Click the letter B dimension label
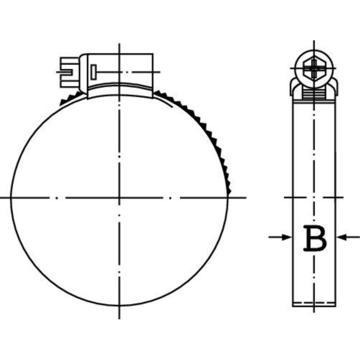(315, 238)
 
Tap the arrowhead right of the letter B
(340, 237)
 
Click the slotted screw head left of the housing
(67, 72)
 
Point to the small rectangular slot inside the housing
(94, 72)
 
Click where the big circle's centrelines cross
(119, 197)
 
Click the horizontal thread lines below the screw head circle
(314, 95)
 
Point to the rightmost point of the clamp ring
(228, 197)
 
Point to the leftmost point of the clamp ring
(10, 197)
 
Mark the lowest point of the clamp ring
(119, 306)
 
